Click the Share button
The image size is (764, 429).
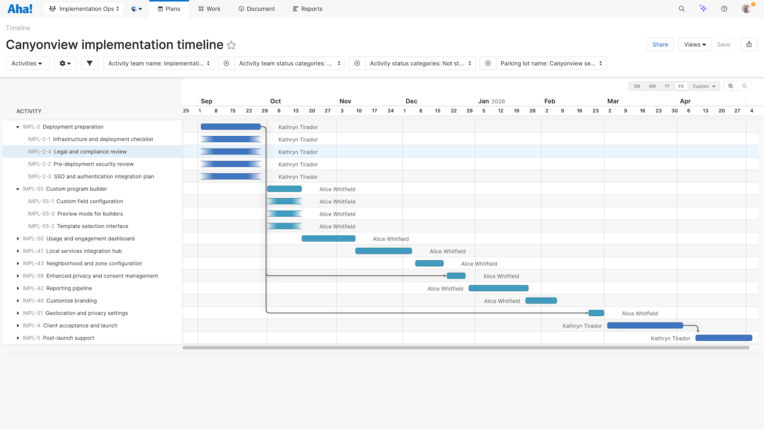(x=660, y=45)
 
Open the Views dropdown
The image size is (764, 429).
(x=695, y=45)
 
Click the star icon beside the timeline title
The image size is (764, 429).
(x=231, y=45)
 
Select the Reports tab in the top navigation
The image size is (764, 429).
(x=308, y=9)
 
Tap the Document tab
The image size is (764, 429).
(x=257, y=9)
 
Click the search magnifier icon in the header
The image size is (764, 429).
(x=682, y=9)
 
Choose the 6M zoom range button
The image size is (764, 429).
(x=652, y=86)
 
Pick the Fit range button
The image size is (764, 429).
(x=681, y=86)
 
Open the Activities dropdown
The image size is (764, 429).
(x=27, y=63)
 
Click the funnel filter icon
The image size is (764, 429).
(x=90, y=63)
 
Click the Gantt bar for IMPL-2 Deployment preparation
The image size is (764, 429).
(x=230, y=127)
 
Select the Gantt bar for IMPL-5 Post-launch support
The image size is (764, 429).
(x=723, y=338)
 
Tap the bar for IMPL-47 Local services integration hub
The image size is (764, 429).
(x=383, y=251)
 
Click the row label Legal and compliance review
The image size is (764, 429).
(x=90, y=152)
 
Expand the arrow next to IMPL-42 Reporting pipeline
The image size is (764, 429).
(x=18, y=288)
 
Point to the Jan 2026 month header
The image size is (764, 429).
(x=491, y=101)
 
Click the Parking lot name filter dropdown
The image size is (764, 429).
(x=551, y=63)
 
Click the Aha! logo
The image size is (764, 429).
(x=20, y=9)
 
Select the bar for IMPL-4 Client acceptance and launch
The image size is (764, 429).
(x=645, y=326)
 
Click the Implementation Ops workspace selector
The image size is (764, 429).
(x=84, y=9)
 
